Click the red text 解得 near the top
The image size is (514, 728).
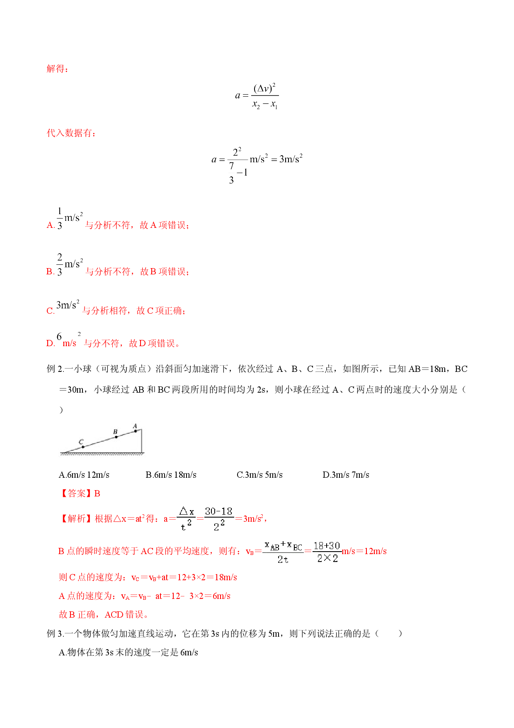point(56,69)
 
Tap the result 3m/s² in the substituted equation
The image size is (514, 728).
point(291,159)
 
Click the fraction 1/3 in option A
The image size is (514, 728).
point(60,218)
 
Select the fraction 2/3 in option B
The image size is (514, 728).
point(60,265)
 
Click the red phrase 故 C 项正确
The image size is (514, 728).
point(159,310)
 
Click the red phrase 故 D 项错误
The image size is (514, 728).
point(152,343)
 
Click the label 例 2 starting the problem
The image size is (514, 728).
point(54,369)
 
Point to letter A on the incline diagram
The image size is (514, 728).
point(135,426)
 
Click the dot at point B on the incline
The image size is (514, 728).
point(116,437)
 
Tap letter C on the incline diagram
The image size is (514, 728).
point(81,442)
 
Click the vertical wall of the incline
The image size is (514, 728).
point(142,441)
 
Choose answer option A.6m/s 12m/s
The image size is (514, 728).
point(84,475)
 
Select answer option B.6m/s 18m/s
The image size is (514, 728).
point(171,475)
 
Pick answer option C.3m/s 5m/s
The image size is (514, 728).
point(259,475)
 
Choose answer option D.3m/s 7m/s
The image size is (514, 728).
point(346,475)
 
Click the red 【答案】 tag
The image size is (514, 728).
point(76,493)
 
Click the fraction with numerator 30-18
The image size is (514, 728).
point(219,519)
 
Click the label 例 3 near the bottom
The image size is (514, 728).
point(54,633)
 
